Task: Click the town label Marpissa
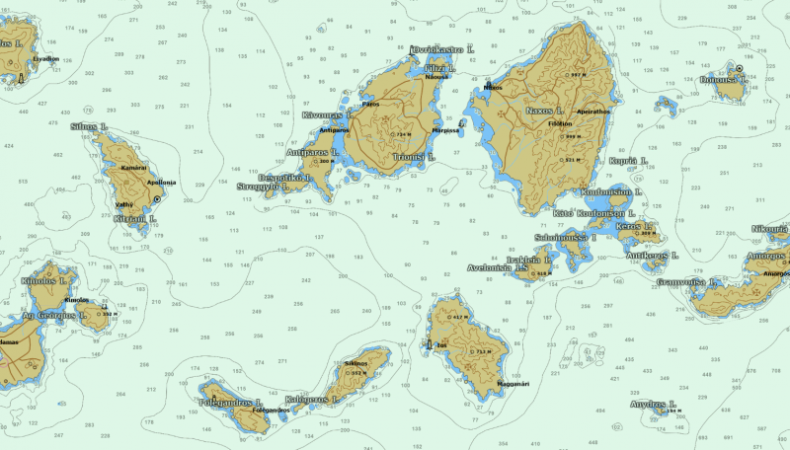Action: point(446,129)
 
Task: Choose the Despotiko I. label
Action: point(285,178)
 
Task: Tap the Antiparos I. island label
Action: point(312,152)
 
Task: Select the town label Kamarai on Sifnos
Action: point(133,168)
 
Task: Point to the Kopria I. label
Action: point(628,160)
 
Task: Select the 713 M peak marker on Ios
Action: point(480,351)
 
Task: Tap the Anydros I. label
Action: point(652,404)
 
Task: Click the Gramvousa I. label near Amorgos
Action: point(686,281)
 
